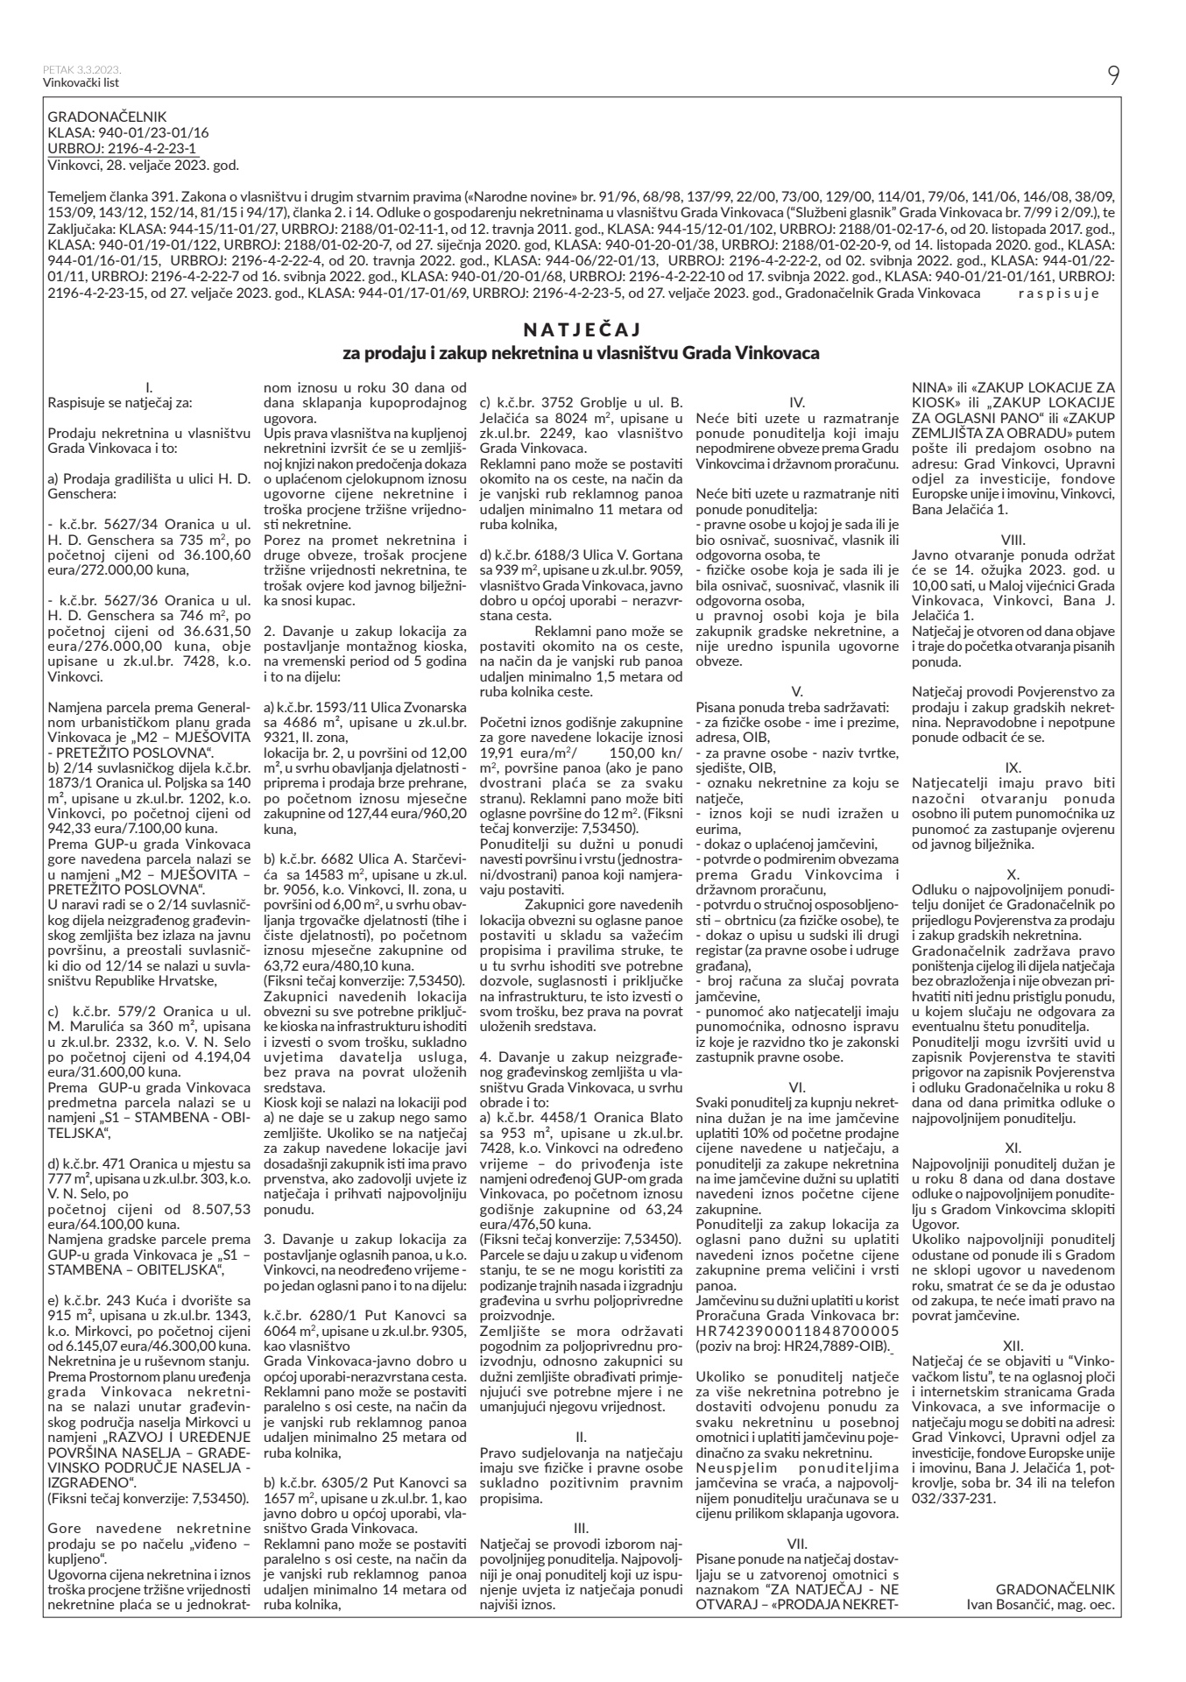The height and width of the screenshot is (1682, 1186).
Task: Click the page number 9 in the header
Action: click(1112, 76)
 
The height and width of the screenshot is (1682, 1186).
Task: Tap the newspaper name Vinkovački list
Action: click(81, 83)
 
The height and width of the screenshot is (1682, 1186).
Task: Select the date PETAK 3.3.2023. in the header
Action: click(81, 70)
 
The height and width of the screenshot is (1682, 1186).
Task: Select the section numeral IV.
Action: click(797, 405)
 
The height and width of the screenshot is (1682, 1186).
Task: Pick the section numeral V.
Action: click(797, 691)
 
